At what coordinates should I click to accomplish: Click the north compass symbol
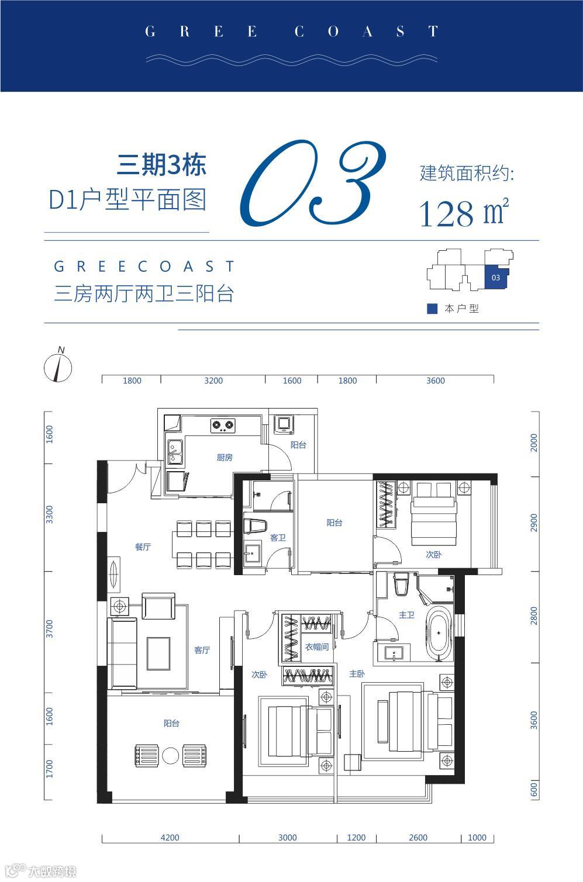pyautogui.click(x=58, y=366)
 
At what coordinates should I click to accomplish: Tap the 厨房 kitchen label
pyautogui.click(x=225, y=457)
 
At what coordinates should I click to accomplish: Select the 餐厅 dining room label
pyautogui.click(x=143, y=547)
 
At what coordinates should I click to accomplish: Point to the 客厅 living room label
pyautogui.click(x=202, y=650)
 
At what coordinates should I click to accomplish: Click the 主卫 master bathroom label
pyautogui.click(x=406, y=615)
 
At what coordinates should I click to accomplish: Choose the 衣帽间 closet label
pyautogui.click(x=317, y=646)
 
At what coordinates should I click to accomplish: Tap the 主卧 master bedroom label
pyautogui.click(x=357, y=674)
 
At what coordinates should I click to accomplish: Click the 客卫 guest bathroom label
pyautogui.click(x=278, y=538)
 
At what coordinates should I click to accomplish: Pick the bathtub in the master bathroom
pyautogui.click(x=439, y=634)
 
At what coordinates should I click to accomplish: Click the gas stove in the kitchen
pyautogui.click(x=223, y=426)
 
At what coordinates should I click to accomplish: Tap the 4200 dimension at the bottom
pyautogui.click(x=170, y=838)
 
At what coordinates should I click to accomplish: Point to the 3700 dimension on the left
pyautogui.click(x=49, y=629)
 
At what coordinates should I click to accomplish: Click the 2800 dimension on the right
pyautogui.click(x=534, y=616)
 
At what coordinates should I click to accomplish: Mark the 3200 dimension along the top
pyautogui.click(x=213, y=381)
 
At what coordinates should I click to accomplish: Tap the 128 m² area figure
pyautogui.click(x=464, y=212)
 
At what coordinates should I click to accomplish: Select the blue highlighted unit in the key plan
pyautogui.click(x=496, y=277)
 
